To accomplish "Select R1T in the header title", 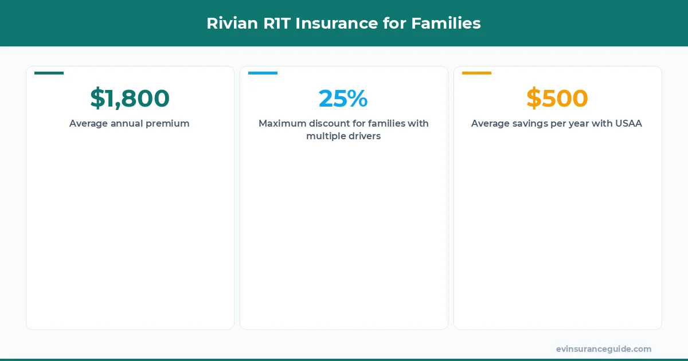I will coord(276,23).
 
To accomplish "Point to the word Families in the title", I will coord(446,23).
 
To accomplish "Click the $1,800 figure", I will coord(130,99).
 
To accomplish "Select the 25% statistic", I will coord(343,99).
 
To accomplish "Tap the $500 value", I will coord(557,99).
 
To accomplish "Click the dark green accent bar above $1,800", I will coord(49,73).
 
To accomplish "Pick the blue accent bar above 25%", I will coord(263,73).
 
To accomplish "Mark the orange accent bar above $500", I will coord(476,73).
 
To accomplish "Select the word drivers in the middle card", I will coord(363,136).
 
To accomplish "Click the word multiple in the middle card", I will coord(325,136).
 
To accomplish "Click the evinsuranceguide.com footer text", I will coord(603,349).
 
